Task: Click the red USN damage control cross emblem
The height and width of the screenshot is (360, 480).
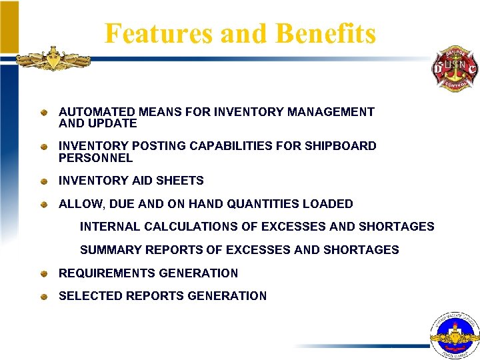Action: coord(454,69)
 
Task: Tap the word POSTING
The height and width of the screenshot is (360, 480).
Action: coord(153,146)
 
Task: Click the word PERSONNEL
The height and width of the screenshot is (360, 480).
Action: coord(95,158)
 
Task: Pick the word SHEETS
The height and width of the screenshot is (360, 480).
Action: coord(181,181)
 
